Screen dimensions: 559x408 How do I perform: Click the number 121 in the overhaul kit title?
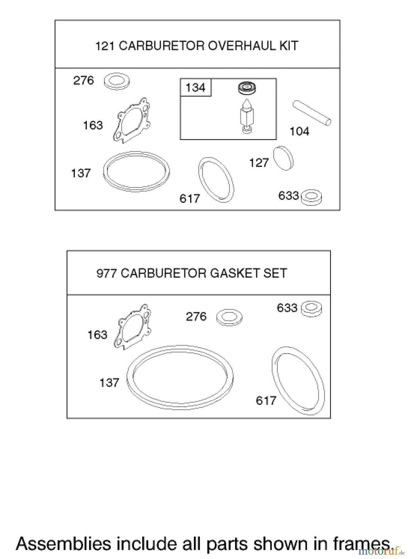(x=105, y=46)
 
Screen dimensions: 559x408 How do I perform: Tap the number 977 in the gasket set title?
(x=107, y=273)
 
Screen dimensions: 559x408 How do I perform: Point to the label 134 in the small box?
(x=195, y=88)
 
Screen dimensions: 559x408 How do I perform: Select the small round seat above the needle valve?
(x=247, y=88)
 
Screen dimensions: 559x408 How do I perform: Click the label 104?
(x=300, y=131)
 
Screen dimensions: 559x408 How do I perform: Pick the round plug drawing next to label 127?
(x=283, y=158)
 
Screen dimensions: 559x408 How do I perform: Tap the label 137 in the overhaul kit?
(x=81, y=173)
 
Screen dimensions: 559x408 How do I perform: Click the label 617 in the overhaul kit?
(x=190, y=198)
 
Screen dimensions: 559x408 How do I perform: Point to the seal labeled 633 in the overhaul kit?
(x=312, y=197)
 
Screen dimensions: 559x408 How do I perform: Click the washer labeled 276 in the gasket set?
(x=229, y=317)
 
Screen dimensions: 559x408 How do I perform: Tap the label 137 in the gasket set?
(x=109, y=383)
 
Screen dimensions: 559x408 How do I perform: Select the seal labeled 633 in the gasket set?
(x=312, y=308)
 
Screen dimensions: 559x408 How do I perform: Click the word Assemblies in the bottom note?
(x=63, y=544)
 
